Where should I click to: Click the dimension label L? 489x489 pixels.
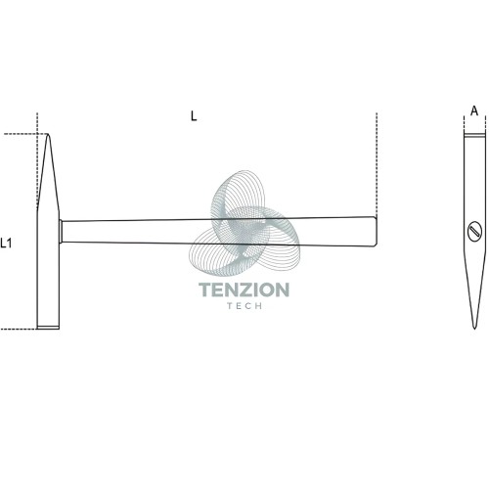tap(194, 115)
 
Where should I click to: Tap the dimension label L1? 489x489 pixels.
tap(6, 243)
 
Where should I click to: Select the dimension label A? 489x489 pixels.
tap(474, 111)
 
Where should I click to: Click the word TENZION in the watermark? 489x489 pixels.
tap(244, 289)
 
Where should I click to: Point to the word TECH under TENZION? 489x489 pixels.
tap(244, 306)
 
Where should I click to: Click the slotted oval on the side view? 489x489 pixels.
tap(474, 231)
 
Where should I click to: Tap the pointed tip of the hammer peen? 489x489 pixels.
tap(48, 134)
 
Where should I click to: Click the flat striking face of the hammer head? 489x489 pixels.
tap(48, 328)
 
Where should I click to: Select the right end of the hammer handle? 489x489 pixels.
tap(377, 231)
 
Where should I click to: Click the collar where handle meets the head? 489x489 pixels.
tap(61, 231)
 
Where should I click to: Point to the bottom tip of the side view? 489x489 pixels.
tap(474, 328)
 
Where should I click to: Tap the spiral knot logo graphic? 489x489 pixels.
tap(244, 223)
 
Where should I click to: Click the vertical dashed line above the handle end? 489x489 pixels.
tap(377, 164)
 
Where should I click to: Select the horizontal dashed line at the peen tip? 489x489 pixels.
tap(25, 134)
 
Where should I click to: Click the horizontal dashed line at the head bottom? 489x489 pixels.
tap(19, 329)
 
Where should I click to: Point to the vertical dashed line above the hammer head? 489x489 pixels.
tap(37, 159)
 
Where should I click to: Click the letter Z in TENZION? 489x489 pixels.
tap(242, 289)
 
